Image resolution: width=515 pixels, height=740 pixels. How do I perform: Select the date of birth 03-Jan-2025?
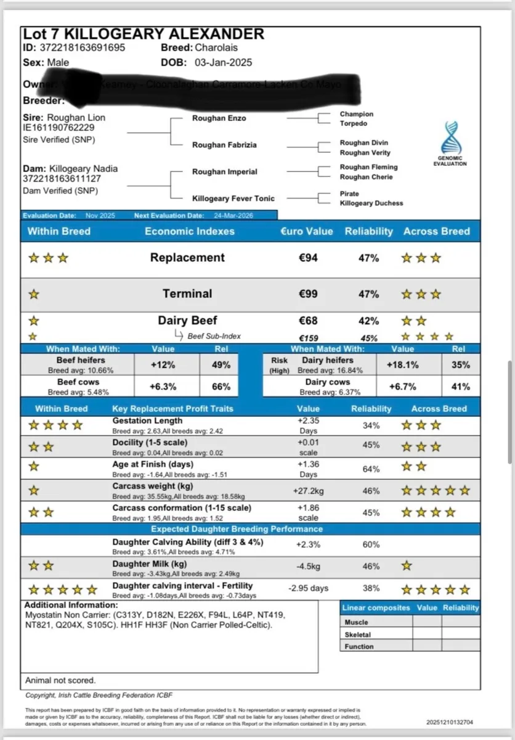click(x=223, y=62)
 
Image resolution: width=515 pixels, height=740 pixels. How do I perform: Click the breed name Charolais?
click(x=216, y=48)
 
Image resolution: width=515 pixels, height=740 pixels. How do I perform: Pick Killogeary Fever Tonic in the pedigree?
click(x=233, y=199)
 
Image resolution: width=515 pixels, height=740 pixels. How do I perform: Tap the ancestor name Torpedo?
click(x=354, y=123)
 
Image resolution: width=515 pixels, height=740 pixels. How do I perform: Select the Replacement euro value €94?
click(x=307, y=258)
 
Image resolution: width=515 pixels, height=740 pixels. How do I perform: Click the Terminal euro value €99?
click(x=307, y=294)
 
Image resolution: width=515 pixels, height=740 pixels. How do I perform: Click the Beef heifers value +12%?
click(x=163, y=364)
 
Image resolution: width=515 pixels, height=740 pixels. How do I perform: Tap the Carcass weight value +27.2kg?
click(x=308, y=491)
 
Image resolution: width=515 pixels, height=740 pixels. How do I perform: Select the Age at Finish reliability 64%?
click(x=371, y=469)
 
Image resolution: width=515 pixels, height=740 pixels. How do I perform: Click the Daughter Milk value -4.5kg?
click(x=308, y=566)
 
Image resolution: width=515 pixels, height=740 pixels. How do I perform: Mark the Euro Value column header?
click(x=307, y=231)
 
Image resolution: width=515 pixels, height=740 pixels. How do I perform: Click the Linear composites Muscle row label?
click(x=357, y=623)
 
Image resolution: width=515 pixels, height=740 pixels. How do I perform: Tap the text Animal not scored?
click(x=60, y=680)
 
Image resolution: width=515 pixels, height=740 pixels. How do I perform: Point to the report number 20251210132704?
click(x=450, y=722)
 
